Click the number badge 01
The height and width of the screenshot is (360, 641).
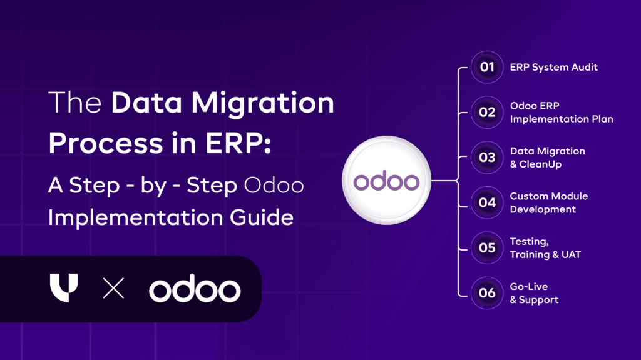487,67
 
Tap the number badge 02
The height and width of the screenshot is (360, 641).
487,112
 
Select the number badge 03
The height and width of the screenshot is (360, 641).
487,157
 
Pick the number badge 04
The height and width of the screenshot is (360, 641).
487,202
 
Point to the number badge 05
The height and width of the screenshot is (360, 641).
487,247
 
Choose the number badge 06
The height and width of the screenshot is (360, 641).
487,293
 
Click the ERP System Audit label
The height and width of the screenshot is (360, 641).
553,67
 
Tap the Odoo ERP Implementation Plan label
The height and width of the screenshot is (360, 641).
561,112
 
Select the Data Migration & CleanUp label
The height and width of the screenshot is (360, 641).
547,157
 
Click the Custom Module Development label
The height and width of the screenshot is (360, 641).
548,202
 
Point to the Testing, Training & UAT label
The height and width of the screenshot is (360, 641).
545,248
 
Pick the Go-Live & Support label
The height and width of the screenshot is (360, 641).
534,293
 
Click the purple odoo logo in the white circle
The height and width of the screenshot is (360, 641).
386,181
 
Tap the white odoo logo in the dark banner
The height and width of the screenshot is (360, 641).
195,289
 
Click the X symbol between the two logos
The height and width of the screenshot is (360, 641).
113,289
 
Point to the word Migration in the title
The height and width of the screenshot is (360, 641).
270,104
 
